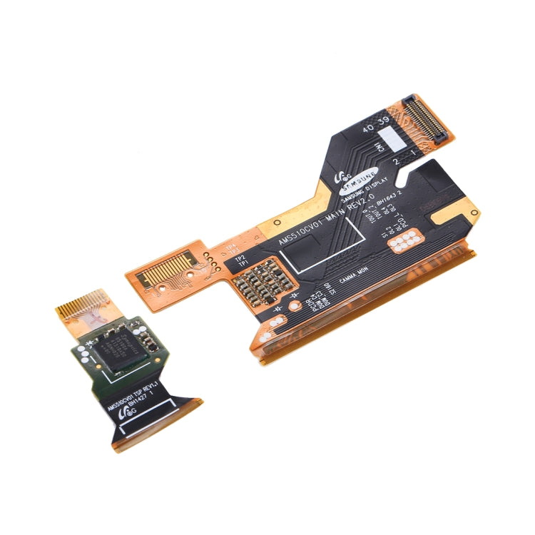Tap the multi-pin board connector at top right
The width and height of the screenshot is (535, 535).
[427, 116]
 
